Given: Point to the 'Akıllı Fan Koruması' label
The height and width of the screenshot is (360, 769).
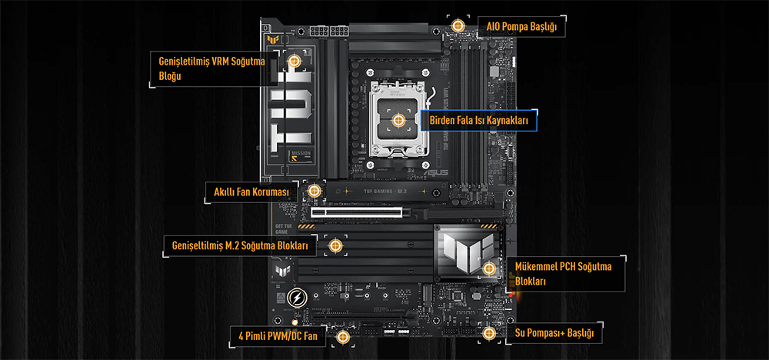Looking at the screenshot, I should click(x=251, y=192).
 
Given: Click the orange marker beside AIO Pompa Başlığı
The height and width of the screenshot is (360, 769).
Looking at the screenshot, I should click(x=458, y=25).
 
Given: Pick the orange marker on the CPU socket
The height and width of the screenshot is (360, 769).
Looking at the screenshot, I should click(x=398, y=120).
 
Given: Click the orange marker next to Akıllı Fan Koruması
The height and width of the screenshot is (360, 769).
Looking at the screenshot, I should click(x=313, y=190).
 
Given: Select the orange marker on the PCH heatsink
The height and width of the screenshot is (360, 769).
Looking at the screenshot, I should click(x=490, y=268).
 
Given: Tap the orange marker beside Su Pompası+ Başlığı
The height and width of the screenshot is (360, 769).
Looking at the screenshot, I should click(x=489, y=333).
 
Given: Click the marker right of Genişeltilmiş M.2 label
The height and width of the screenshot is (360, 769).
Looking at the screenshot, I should click(x=335, y=245).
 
